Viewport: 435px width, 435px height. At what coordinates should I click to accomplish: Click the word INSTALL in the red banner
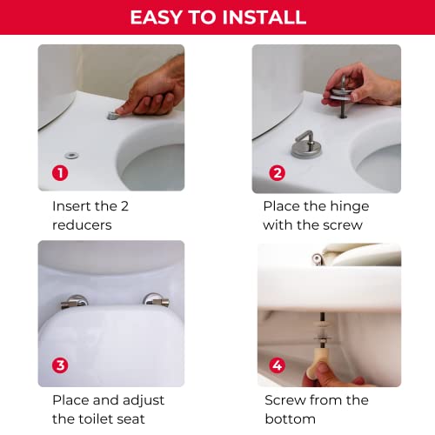[x=264, y=17]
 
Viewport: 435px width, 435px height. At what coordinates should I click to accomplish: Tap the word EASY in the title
[x=157, y=17]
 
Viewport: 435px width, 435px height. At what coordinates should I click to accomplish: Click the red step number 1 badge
[x=60, y=173]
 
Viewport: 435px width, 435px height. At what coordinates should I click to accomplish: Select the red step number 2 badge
[x=278, y=173]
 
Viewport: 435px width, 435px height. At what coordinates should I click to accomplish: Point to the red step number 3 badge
[x=60, y=365]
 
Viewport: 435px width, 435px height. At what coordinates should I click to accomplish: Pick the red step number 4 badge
[x=278, y=365]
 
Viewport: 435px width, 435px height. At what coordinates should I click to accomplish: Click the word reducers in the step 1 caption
[x=82, y=225]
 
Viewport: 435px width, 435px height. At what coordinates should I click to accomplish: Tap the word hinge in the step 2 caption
[x=350, y=207]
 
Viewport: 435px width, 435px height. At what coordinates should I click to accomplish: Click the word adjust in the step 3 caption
[x=144, y=401]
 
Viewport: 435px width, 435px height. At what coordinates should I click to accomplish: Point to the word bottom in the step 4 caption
[x=291, y=418]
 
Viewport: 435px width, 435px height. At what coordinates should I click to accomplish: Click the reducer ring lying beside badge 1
[x=71, y=156]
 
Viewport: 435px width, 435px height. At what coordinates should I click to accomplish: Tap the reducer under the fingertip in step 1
[x=112, y=116]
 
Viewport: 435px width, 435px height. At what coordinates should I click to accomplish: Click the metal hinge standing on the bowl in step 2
[x=306, y=146]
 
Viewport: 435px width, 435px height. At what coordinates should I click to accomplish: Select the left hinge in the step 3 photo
[x=74, y=302]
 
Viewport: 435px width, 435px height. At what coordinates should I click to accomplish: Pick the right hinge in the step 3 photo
[x=157, y=300]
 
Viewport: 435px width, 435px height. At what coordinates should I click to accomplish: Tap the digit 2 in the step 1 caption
[x=124, y=206]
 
